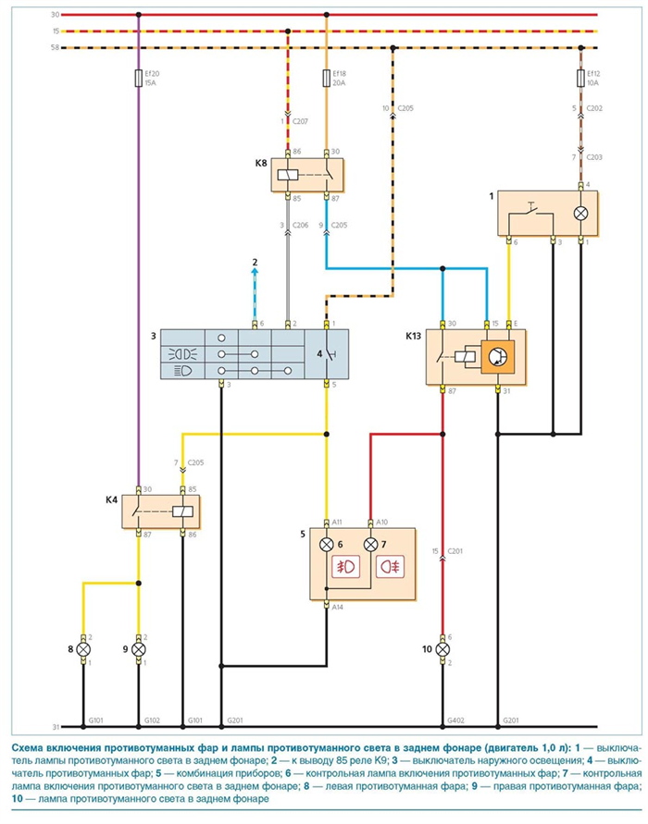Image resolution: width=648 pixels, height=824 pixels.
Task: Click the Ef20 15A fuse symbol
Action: point(138,78)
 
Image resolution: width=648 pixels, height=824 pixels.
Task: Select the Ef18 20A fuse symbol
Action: point(326,78)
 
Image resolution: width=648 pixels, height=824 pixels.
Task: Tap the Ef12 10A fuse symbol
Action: point(580,78)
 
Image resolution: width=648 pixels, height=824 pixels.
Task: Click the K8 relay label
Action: point(261,163)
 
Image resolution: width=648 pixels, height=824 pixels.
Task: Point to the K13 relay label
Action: point(413,337)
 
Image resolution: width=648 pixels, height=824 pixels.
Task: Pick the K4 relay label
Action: point(111,499)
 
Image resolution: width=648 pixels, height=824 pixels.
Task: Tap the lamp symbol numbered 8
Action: point(83,649)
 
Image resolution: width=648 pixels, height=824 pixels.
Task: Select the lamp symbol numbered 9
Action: point(138,649)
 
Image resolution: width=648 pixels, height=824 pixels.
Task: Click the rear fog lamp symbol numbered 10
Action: point(442,649)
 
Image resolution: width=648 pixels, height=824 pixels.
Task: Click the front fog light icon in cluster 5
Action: point(346,567)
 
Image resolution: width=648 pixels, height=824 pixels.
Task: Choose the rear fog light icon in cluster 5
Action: point(390,567)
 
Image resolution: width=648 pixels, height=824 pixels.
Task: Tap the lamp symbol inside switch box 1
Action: point(580,214)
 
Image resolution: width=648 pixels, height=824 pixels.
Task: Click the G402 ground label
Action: point(455,720)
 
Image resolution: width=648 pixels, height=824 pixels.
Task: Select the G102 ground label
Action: point(152,720)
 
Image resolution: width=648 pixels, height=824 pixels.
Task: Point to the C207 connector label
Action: point(300,121)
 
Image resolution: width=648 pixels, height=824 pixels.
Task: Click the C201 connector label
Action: point(455,551)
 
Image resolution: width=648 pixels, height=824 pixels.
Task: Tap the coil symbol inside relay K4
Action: point(182,511)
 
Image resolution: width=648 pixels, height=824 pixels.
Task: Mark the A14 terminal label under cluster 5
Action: point(337,607)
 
